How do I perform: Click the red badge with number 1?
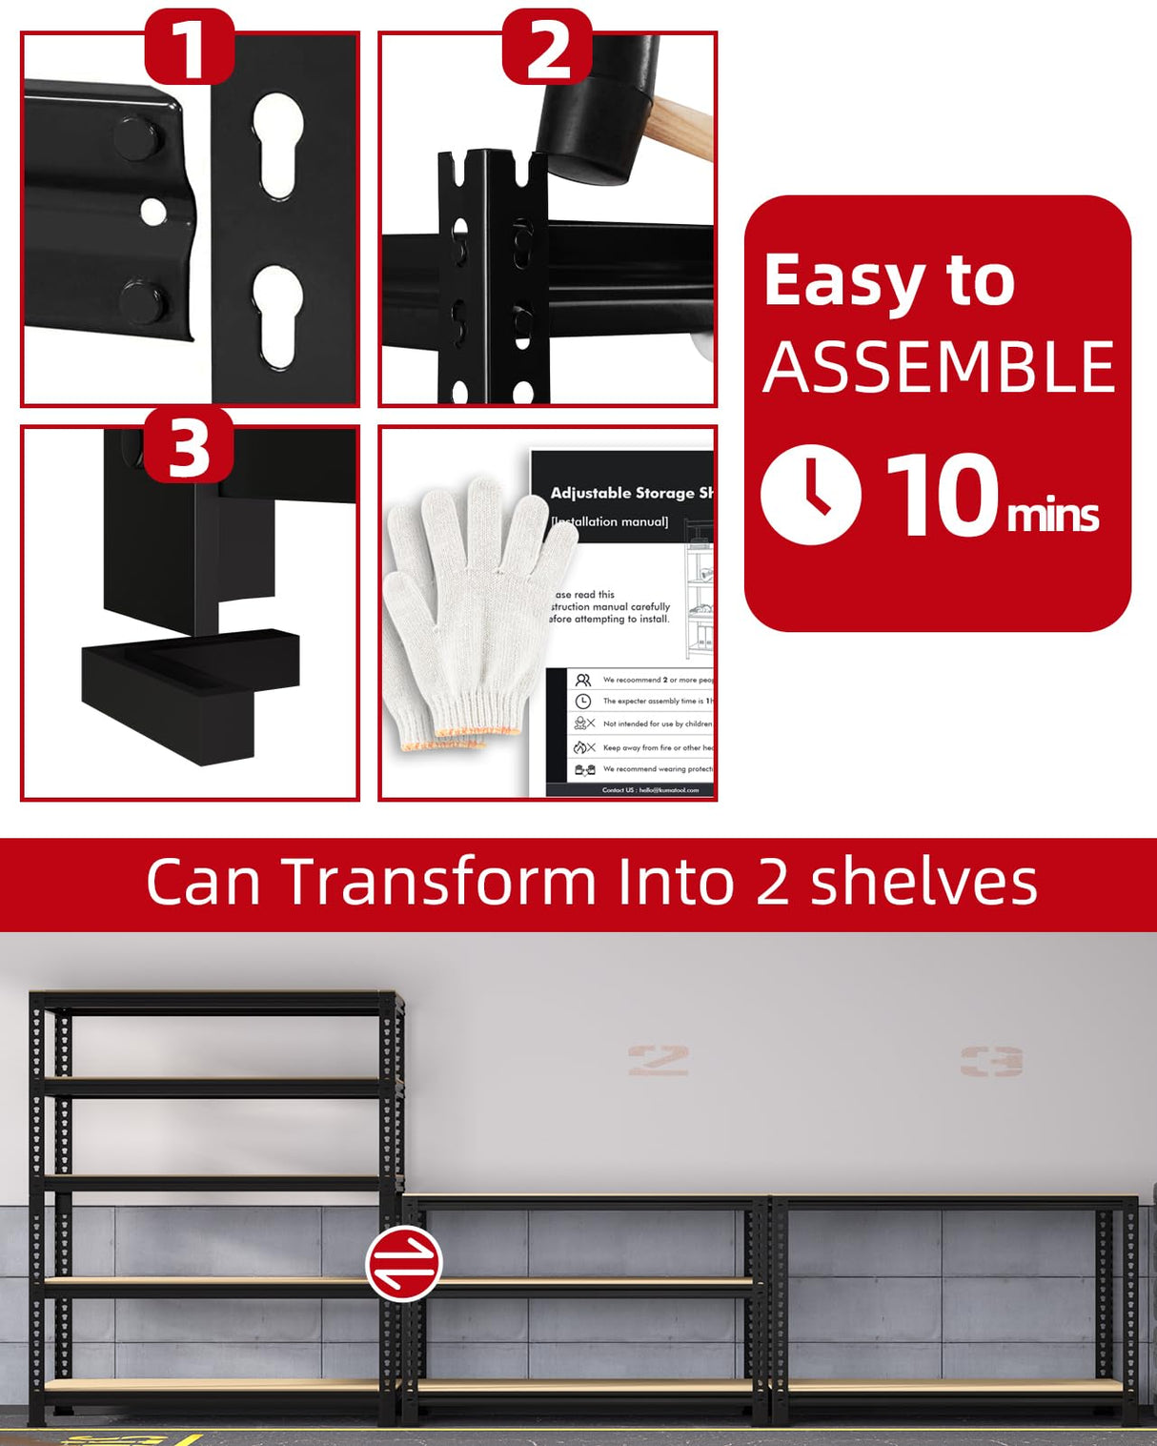(189, 48)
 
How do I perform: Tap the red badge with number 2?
(547, 48)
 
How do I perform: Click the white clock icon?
(810, 494)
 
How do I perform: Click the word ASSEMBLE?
(939, 368)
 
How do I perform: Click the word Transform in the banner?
(437, 882)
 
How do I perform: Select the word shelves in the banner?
(923, 882)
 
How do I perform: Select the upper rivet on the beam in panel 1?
(139, 135)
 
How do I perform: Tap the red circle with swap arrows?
(404, 1264)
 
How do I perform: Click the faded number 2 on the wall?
(658, 1060)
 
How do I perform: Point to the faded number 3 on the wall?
(991, 1061)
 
